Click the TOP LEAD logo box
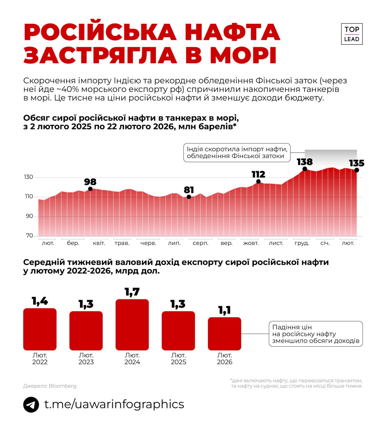click(x=352, y=34)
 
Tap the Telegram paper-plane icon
click(x=31, y=405)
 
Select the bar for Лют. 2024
click(x=132, y=325)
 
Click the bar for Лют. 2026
click(x=224, y=334)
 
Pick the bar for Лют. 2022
click(x=40, y=329)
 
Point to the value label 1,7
click(x=132, y=292)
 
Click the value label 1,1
click(x=224, y=310)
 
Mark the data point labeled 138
click(x=304, y=169)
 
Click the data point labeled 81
click(x=189, y=197)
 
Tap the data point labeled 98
click(x=90, y=189)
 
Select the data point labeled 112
click(x=258, y=182)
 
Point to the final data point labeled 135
click(x=357, y=170)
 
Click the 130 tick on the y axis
click(x=29, y=177)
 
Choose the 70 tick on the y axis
click(x=29, y=236)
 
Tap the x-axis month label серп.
click(x=201, y=243)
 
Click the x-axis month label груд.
click(x=301, y=243)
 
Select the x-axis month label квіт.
click(x=99, y=243)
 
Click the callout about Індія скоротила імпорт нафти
click(x=237, y=153)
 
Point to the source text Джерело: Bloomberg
click(x=50, y=386)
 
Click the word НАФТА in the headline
click(x=232, y=32)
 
